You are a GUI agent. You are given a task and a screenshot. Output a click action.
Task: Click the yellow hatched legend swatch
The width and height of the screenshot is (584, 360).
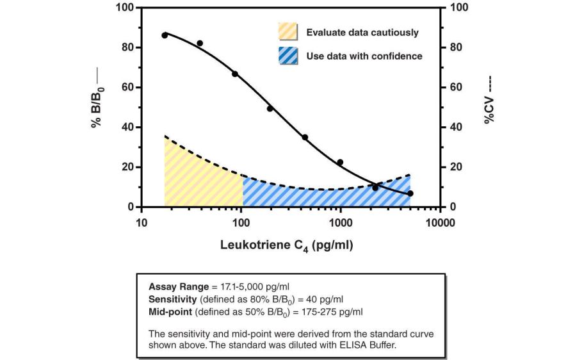pyautogui.click(x=288, y=33)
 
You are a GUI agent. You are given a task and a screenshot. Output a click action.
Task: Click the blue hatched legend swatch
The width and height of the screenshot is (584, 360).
pyautogui.click(x=288, y=56)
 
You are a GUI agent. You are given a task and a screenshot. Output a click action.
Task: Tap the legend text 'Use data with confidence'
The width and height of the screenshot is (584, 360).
pyautogui.click(x=364, y=56)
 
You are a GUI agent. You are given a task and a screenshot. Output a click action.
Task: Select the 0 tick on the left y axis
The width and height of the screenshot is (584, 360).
pyautogui.click(x=130, y=207)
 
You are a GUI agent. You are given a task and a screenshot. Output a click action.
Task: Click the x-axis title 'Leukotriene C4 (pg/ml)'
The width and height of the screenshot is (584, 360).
pyautogui.click(x=286, y=245)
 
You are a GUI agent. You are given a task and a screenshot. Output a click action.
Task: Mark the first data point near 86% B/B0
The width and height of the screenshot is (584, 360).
pyautogui.click(x=165, y=35)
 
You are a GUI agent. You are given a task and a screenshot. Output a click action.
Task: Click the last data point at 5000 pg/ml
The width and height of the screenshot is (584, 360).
pyautogui.click(x=410, y=193)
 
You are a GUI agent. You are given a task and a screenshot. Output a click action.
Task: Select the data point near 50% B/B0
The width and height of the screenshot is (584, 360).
pyautogui.click(x=270, y=108)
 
